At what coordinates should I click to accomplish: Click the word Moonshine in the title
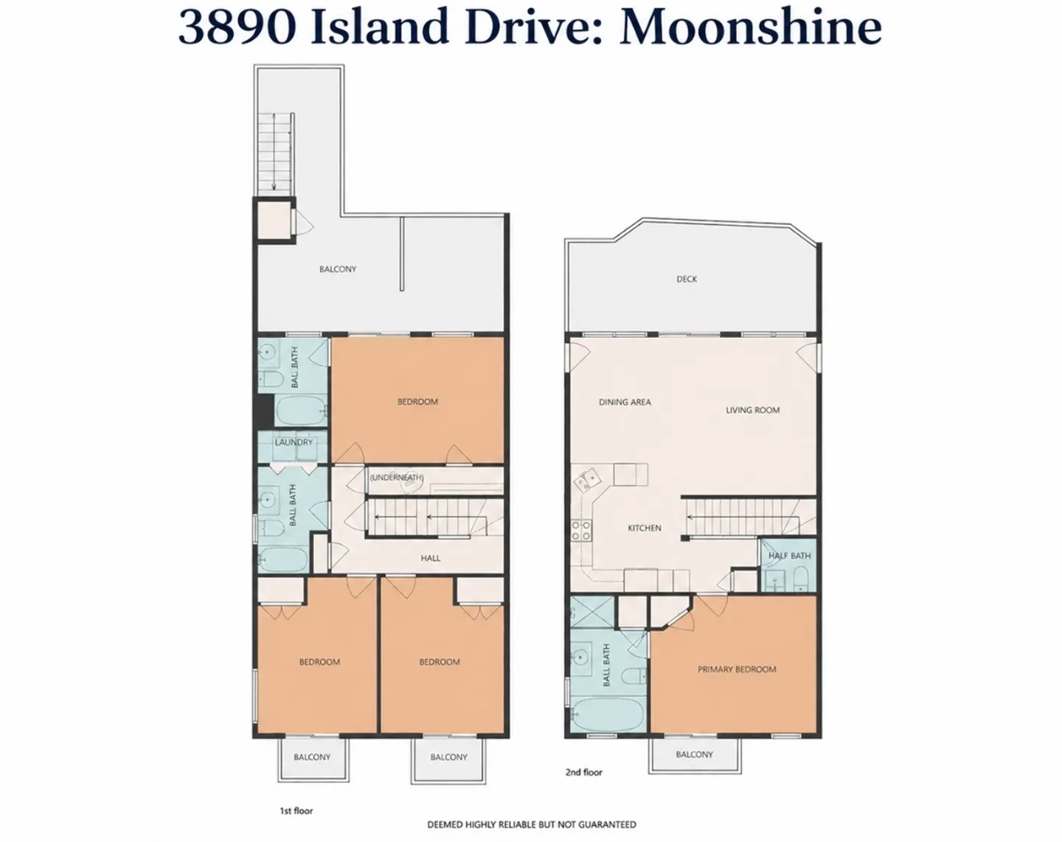pos(751,27)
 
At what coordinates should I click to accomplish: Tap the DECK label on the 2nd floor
pos(687,279)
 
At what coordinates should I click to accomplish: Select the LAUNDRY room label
pos(294,442)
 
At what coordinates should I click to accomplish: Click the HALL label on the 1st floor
pos(430,558)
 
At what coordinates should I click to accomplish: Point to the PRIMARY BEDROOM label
pos(737,669)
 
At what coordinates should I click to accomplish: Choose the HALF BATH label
pos(790,556)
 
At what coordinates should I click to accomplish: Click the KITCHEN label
pos(645,528)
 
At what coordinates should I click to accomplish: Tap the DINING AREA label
pos(625,402)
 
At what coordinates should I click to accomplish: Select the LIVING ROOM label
pos(752,410)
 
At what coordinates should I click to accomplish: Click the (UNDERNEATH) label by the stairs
pos(397,477)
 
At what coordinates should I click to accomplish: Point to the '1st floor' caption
pos(296,810)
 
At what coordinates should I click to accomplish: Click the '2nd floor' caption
pos(584,772)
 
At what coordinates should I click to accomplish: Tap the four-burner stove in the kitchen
pos(581,531)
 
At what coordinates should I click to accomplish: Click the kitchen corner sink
pos(587,479)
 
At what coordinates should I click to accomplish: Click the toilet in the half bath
pos(800,579)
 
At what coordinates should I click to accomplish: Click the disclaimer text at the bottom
pos(532,824)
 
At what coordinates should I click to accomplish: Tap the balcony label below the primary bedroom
pos(694,754)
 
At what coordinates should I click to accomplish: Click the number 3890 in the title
pos(237,27)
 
